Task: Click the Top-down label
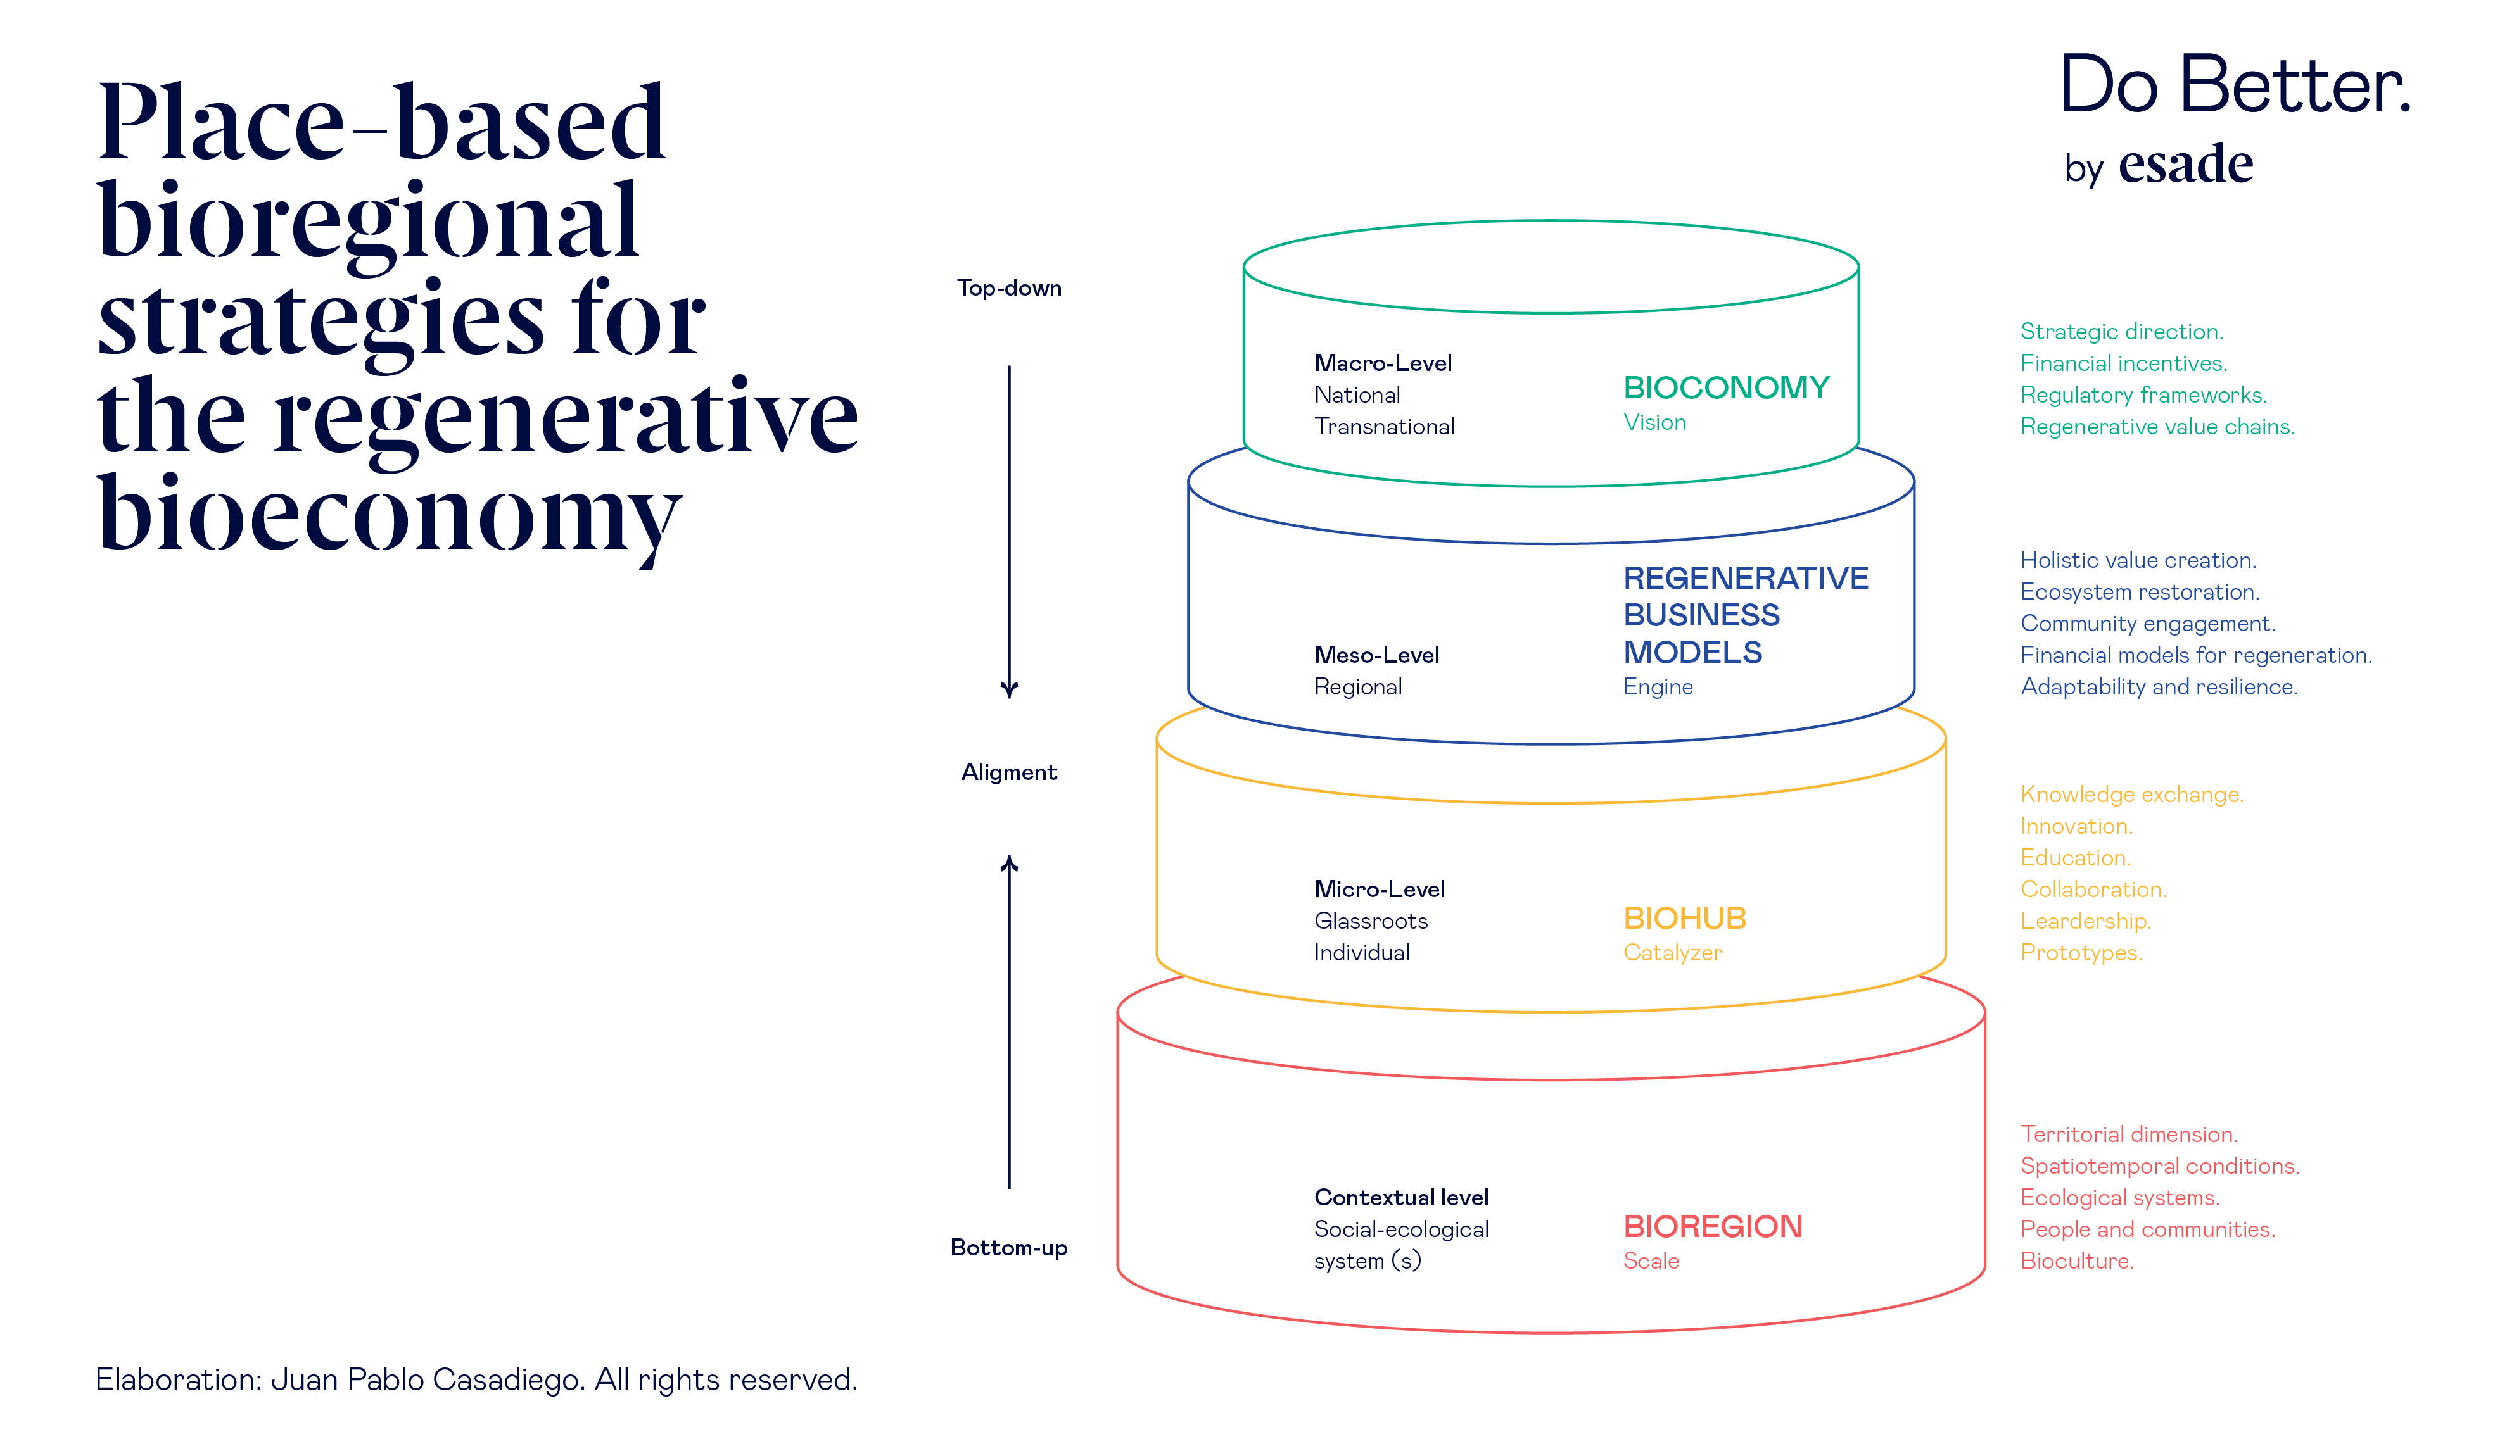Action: (1009, 289)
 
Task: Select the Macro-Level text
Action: (1382, 363)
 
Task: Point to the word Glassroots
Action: (1370, 921)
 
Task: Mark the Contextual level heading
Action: (1400, 1197)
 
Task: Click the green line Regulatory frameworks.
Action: (2142, 395)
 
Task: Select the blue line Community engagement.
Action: (2147, 624)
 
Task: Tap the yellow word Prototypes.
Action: (2080, 953)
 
